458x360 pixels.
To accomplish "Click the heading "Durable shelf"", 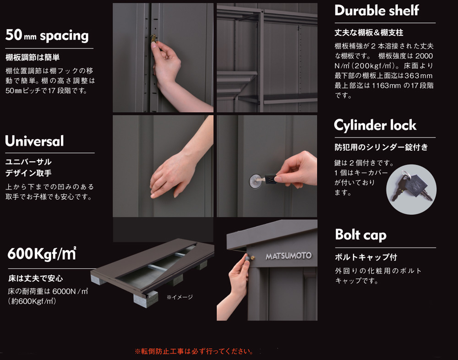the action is tap(376, 11).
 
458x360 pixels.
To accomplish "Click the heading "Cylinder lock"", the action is tap(375, 125).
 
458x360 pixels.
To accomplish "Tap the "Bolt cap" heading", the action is tap(361, 235).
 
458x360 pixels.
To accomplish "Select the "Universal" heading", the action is tap(34, 141).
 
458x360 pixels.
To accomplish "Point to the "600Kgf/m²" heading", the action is tap(42, 253).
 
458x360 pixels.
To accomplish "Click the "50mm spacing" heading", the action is tap(47, 35).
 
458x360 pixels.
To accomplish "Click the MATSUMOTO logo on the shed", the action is tap(289, 256).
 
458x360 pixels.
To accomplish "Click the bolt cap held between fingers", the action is tap(248, 258).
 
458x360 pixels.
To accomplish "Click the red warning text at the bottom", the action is tap(194, 351).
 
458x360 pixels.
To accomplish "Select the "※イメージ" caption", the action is tap(180, 297).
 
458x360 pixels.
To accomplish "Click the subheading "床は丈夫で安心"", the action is tap(35, 278).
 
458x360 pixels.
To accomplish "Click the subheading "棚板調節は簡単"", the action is tap(33, 57).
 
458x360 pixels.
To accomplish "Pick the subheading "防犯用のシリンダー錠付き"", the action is tap(381, 147).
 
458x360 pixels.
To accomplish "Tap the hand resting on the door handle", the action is tap(172, 175).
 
